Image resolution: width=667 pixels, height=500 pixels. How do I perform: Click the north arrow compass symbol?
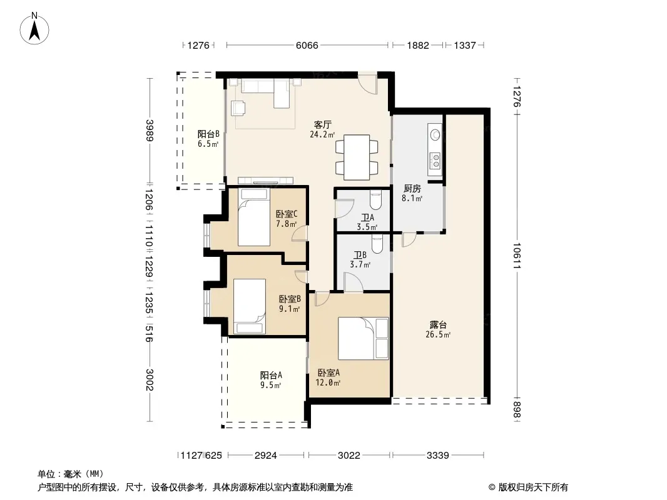pyautogui.click(x=34, y=29)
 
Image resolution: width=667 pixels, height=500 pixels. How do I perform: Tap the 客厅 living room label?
pyautogui.click(x=322, y=125)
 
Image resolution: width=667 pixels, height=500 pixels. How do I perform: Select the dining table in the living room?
pyautogui.click(x=357, y=157)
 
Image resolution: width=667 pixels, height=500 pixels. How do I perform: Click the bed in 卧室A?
pyautogui.click(x=364, y=339)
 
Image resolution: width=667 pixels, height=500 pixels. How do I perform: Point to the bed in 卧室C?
pyautogui.click(x=254, y=217)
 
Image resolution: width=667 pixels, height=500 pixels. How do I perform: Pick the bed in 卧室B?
pyautogui.click(x=249, y=306)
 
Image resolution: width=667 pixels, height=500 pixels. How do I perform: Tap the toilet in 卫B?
pyautogui.click(x=377, y=244)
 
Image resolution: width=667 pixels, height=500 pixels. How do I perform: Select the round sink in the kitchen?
pyautogui.click(x=435, y=134)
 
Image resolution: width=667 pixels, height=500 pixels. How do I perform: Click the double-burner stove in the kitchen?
pyautogui.click(x=435, y=161)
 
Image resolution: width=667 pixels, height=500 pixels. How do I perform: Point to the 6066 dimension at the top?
pyautogui.click(x=307, y=45)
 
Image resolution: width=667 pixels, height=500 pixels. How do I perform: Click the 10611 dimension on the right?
pyautogui.click(x=517, y=256)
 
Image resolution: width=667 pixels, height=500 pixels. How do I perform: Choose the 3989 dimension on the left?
pyautogui.click(x=150, y=131)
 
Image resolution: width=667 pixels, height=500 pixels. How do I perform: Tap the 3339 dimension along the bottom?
pyautogui.click(x=438, y=456)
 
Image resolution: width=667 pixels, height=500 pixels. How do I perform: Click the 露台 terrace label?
pyautogui.click(x=438, y=325)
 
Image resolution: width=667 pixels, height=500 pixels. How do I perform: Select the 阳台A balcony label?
pyautogui.click(x=271, y=376)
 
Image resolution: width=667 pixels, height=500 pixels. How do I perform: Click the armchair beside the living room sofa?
pyautogui.click(x=238, y=107)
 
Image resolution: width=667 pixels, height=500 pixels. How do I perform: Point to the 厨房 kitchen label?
pyautogui.click(x=412, y=188)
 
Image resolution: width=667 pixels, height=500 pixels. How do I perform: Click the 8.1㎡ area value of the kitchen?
pyautogui.click(x=412, y=198)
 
